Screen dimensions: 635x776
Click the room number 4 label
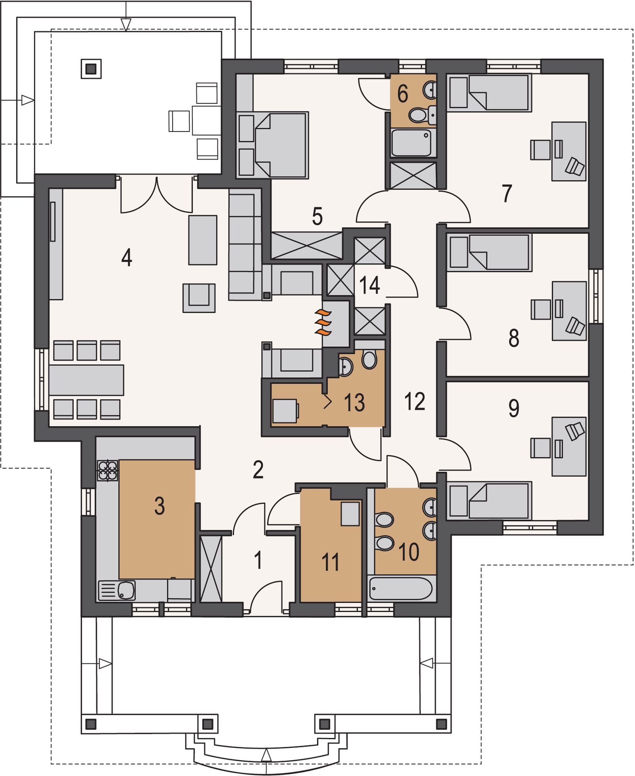point(127,258)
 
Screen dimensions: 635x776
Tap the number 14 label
point(370,285)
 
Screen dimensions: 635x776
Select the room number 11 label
point(331,562)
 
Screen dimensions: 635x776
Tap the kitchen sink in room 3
point(117,591)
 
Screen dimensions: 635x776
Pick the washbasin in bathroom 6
point(431,90)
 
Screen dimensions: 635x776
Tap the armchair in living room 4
point(199,298)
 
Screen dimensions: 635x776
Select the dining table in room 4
point(86,380)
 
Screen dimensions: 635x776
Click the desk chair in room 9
point(575,431)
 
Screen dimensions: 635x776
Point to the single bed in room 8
point(489,252)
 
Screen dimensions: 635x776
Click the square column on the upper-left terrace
point(91,69)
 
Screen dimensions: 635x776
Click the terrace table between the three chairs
point(206,120)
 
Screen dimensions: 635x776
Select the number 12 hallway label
point(414,401)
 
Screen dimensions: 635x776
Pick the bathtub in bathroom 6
point(411,143)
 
